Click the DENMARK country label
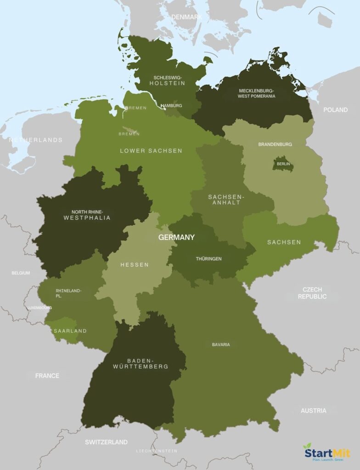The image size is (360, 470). [x=186, y=17]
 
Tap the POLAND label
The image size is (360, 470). [x=335, y=110]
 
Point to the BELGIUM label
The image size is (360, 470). [x=21, y=273]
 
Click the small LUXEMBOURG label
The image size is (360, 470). [x=39, y=308]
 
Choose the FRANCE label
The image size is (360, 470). [x=47, y=375]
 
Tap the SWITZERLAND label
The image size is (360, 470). [x=106, y=442]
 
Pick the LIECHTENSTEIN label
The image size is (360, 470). [x=156, y=451]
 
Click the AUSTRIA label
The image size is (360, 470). [x=313, y=410]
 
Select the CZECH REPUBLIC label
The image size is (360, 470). [x=312, y=293]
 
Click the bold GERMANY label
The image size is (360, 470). [x=176, y=237]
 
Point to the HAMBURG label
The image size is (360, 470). [x=171, y=106]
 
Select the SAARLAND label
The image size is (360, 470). [x=70, y=330]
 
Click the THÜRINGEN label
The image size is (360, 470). [x=208, y=259]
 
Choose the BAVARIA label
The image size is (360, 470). [x=221, y=344]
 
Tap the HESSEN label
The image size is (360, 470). [x=135, y=265]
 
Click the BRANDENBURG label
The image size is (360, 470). [x=275, y=144]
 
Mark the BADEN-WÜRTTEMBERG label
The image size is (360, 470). [x=141, y=364]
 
